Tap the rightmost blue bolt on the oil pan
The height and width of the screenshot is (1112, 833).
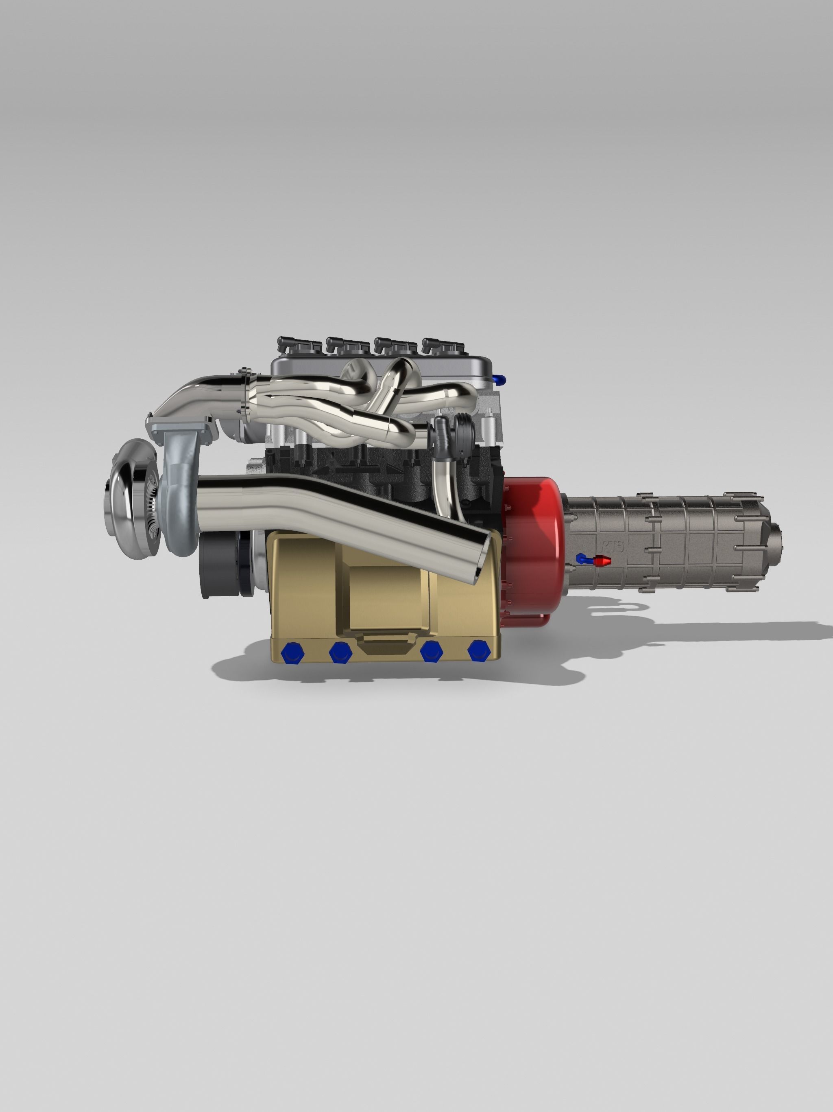(478, 650)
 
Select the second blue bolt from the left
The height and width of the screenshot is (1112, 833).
(340, 652)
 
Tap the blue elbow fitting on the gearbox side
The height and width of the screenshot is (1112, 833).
(582, 558)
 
